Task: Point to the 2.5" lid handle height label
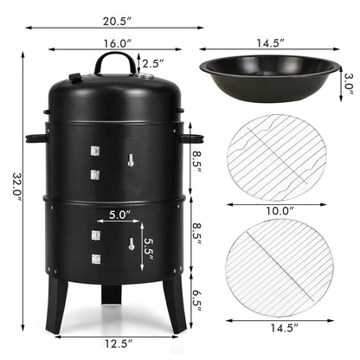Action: point(152,63)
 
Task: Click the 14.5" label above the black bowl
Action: point(270,42)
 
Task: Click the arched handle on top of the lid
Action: point(115,62)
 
